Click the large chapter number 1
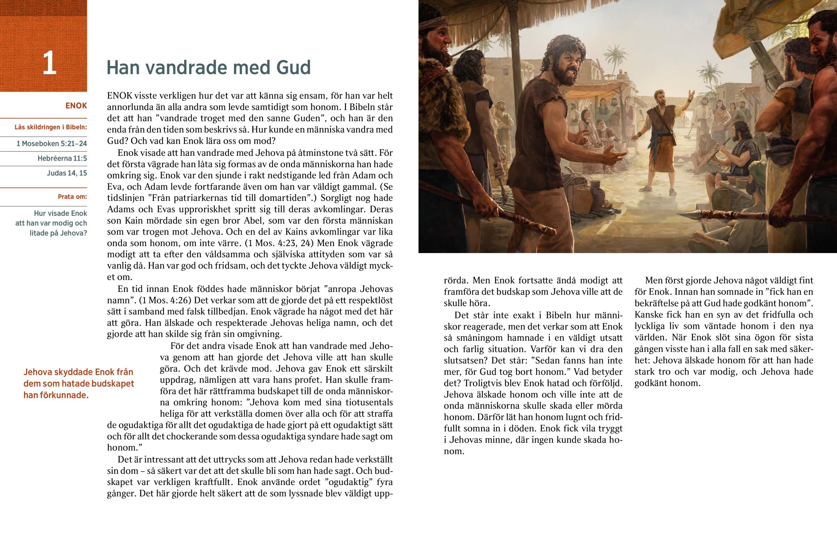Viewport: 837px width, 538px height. [x=49, y=63]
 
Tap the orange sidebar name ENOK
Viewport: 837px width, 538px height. [x=76, y=106]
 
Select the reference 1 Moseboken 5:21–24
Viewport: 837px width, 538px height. [x=52, y=144]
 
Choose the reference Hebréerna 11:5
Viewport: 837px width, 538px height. [x=62, y=158]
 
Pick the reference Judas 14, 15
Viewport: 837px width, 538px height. [x=67, y=173]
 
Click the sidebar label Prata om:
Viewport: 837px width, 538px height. [x=72, y=197]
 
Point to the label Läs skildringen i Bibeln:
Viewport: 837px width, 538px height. [x=51, y=127]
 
